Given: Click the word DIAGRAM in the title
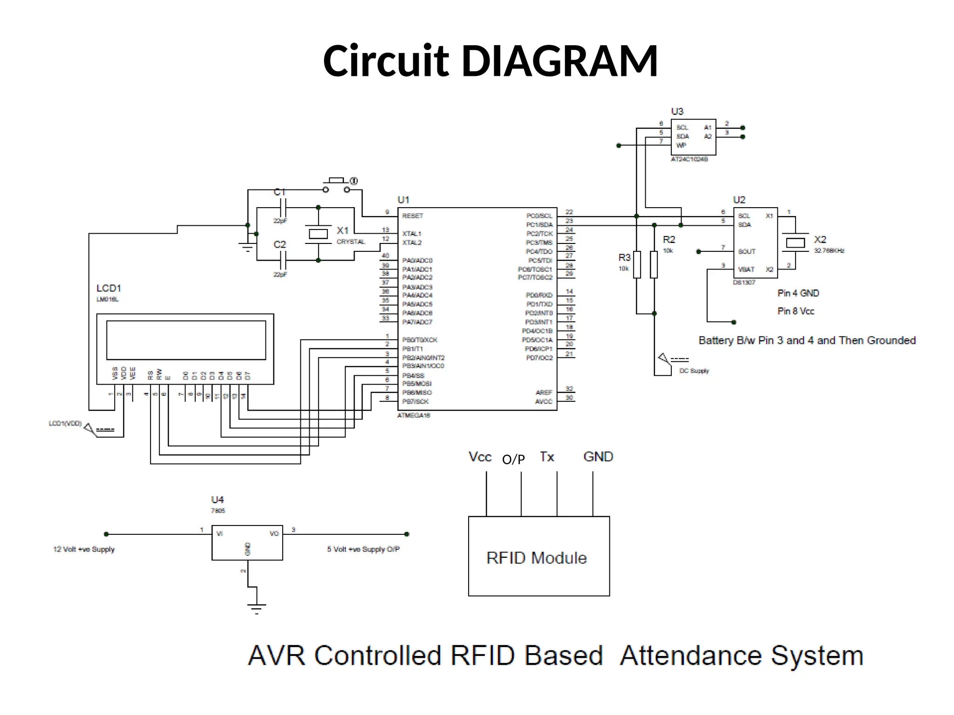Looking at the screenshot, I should tap(559, 61).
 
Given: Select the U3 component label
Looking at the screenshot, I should tap(677, 112).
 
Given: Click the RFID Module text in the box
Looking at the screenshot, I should tap(536, 558).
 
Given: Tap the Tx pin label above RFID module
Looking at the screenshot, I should tap(547, 457).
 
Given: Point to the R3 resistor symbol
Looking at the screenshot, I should tap(637, 265).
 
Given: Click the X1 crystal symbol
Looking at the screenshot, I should tap(318, 234).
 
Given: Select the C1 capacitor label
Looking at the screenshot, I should tap(279, 192).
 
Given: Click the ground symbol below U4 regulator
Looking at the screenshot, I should tap(257, 607).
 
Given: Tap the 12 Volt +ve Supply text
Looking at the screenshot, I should tap(84, 549).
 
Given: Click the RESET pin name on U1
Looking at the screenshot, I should tap(412, 216).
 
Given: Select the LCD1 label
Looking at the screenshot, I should tap(109, 289).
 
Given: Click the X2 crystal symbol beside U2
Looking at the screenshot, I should tap(795, 243).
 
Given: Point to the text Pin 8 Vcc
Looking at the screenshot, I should tap(796, 311).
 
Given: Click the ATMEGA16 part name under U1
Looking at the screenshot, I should tap(414, 415).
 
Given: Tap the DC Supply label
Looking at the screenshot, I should tap(694, 371).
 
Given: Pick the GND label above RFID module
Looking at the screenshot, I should tap(598, 457).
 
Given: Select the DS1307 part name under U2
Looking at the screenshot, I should tap(744, 283).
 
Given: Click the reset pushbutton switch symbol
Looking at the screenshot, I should tap(336, 185).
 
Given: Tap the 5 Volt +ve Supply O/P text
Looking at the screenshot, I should tap(363, 549).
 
